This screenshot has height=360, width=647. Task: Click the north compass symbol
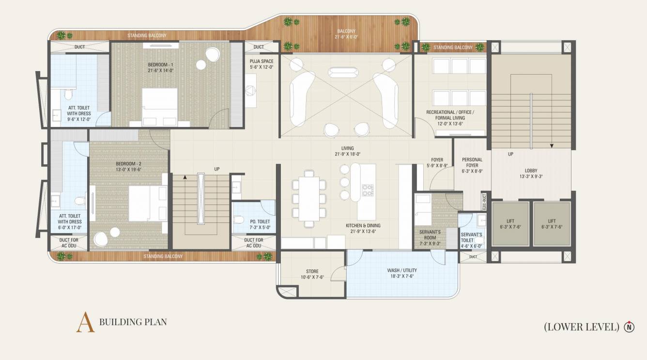tap(629, 327)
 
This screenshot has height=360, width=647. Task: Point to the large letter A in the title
tap(85, 322)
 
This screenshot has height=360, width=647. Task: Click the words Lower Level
tap(582, 327)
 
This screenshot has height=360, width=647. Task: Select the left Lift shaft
tap(510, 224)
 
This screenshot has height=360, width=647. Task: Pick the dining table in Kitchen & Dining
tap(308, 198)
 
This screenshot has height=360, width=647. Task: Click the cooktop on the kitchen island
tap(368, 189)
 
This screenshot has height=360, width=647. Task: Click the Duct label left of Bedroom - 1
tap(79, 47)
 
